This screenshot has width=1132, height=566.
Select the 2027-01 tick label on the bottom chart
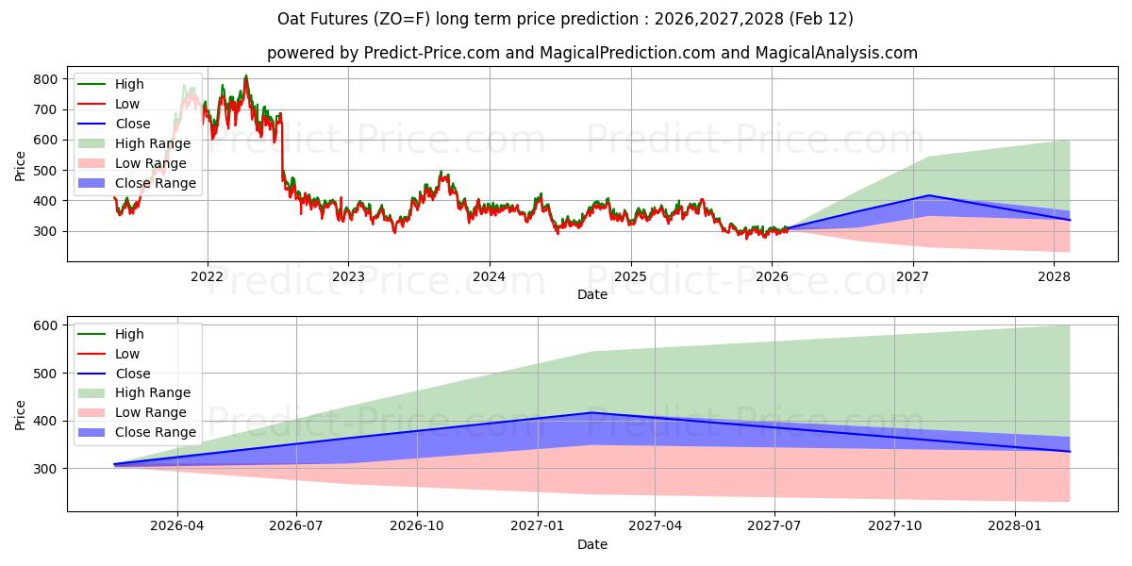coord(538,526)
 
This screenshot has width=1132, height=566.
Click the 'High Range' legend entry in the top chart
coord(153,143)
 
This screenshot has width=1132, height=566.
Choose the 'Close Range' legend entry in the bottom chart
coord(156,432)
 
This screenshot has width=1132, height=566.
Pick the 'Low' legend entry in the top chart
coord(127,104)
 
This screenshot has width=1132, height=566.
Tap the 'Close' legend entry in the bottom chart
coord(132,374)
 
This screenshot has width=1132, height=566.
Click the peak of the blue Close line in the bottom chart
coord(591,412)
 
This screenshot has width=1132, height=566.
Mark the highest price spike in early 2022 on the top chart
coord(246,76)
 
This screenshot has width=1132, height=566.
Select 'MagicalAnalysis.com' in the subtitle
coord(836,53)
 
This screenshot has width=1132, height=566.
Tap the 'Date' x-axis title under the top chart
coord(592,294)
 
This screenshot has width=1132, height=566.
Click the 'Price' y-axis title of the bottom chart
coord(21,414)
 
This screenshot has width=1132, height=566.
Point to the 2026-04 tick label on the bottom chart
coord(177,526)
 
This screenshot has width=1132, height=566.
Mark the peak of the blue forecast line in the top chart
coord(929,195)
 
